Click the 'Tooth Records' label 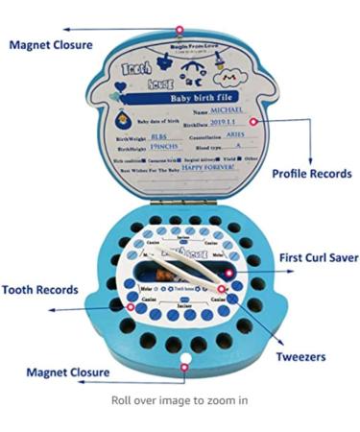[39, 289]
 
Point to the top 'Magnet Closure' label [53, 43]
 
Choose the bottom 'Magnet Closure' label [66, 372]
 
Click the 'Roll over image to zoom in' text [180, 399]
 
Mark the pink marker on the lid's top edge [180, 30]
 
